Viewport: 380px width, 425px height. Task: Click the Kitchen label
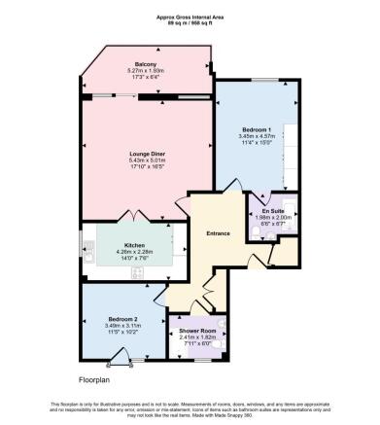(x=135, y=244)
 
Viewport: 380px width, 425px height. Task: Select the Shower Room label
(x=195, y=331)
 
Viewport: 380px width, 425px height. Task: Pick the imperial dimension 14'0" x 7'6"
(x=135, y=258)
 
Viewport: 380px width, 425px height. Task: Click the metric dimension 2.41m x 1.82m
(x=195, y=337)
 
